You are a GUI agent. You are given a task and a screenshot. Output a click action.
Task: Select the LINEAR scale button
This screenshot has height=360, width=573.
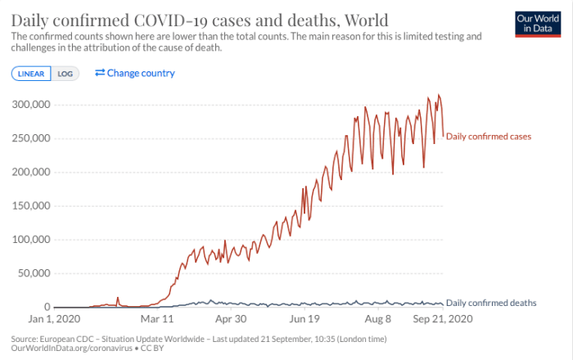pyautogui.click(x=31, y=73)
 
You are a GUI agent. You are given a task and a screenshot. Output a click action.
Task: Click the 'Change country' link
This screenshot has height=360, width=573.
pyautogui.click(x=135, y=73)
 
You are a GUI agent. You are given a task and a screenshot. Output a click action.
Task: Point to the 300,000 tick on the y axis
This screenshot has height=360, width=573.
pyautogui.click(x=31, y=105)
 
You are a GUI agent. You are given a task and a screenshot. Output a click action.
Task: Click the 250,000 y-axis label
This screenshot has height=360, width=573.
pyautogui.click(x=31, y=138)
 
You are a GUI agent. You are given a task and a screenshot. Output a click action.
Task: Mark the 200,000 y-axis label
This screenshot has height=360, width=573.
pyautogui.click(x=31, y=172)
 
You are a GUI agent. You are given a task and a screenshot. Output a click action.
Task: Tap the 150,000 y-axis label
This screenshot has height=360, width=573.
pyautogui.click(x=31, y=205)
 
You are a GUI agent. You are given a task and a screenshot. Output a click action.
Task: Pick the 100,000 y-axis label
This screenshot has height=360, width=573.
pyautogui.click(x=31, y=239)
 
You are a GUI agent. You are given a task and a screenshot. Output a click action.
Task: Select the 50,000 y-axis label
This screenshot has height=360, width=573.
pyautogui.click(x=34, y=272)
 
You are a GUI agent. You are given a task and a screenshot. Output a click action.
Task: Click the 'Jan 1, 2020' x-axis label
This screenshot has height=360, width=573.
pyautogui.click(x=55, y=319)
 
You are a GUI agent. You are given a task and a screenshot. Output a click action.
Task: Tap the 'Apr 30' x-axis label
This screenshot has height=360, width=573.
pyautogui.click(x=230, y=319)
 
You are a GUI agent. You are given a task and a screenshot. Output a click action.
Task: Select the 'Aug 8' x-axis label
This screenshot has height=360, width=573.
pyautogui.click(x=377, y=319)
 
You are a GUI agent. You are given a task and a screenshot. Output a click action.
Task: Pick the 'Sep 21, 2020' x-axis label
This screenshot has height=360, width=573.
pyautogui.click(x=442, y=319)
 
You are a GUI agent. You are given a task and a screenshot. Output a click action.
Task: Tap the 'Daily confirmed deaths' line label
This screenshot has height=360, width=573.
pyautogui.click(x=491, y=303)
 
